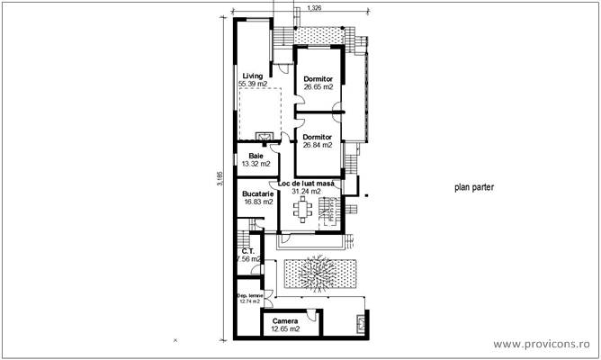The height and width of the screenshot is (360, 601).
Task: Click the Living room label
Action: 253,75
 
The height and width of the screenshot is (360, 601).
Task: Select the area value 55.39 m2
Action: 254,84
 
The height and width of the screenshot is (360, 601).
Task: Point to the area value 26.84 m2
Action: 318,145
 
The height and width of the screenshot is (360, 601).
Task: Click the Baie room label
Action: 256,156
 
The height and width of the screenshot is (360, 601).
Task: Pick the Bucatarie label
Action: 258,193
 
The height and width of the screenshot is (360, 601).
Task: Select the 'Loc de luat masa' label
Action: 307,183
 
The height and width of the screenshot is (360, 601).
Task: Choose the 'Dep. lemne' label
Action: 248,295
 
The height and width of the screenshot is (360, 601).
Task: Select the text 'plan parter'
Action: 473,188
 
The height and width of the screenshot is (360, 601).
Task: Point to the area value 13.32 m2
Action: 256,165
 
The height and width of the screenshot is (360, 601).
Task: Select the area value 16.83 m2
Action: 258,202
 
